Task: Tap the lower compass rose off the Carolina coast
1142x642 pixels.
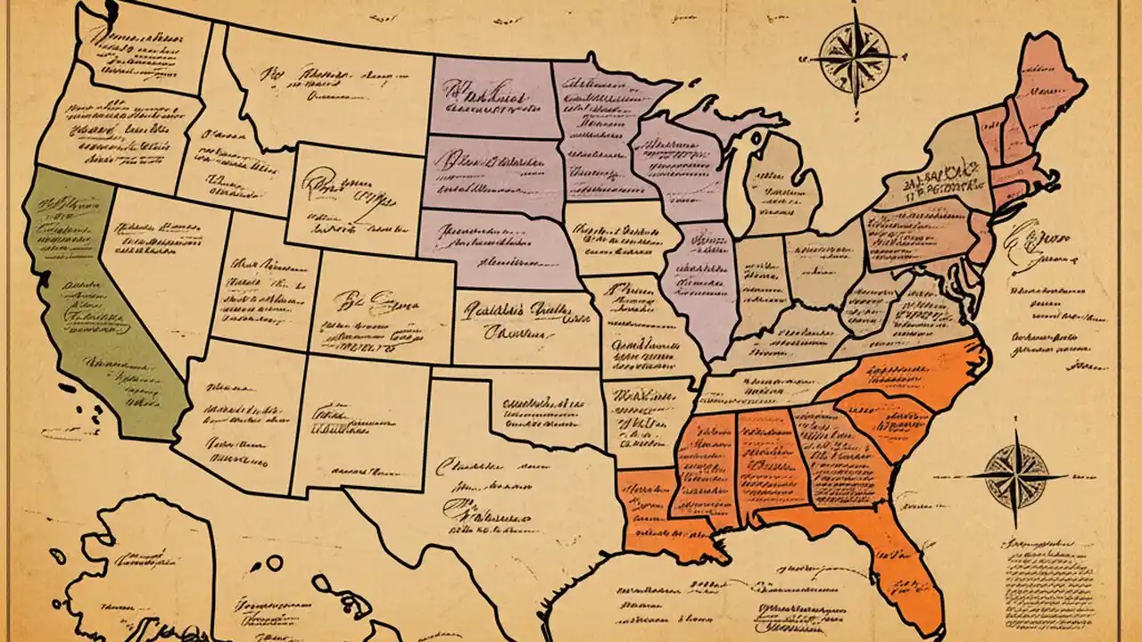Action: [x=1016, y=473]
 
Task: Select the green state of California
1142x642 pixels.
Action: [x=89, y=303]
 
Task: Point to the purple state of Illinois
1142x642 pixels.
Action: [x=705, y=276]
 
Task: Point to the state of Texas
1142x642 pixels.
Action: [x=500, y=499]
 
